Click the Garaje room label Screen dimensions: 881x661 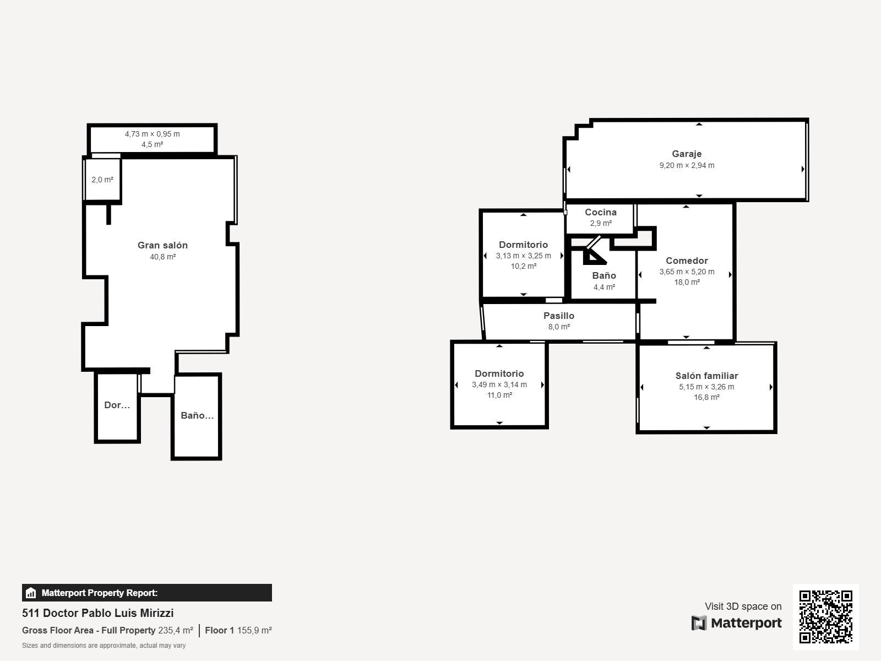click(x=686, y=154)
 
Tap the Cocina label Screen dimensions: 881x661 click(x=600, y=212)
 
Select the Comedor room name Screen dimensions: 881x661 click(x=687, y=261)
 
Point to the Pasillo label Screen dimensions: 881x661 click(x=559, y=316)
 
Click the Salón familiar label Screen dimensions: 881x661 click(x=706, y=376)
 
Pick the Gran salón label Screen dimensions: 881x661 click(x=162, y=245)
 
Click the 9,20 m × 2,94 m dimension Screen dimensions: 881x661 click(x=687, y=165)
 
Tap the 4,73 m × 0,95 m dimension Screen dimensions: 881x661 click(x=152, y=134)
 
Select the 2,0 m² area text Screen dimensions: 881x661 click(x=102, y=180)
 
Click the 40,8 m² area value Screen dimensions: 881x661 click(x=162, y=257)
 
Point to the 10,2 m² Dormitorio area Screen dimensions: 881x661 click(x=524, y=266)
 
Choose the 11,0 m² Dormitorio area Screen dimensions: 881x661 click(x=499, y=395)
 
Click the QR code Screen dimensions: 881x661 click(x=825, y=616)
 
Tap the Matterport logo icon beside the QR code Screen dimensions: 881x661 click(x=699, y=623)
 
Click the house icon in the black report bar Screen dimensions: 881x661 click(x=31, y=593)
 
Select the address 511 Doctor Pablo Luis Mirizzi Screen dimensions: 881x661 click(x=98, y=613)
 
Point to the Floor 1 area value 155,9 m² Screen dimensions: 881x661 click(x=254, y=631)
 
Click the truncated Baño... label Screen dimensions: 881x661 click(x=197, y=415)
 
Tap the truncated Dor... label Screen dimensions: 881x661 click(x=117, y=405)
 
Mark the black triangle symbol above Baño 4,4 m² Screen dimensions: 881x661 click(x=593, y=257)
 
